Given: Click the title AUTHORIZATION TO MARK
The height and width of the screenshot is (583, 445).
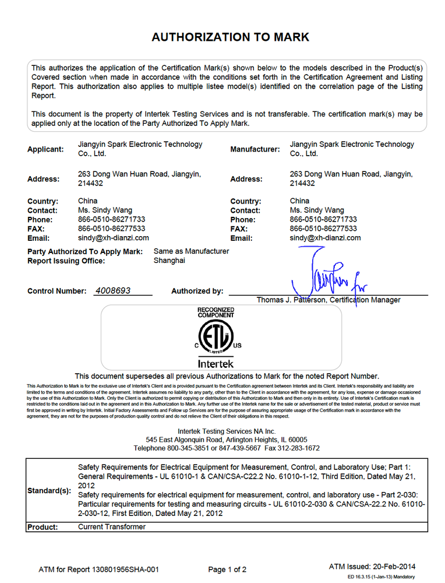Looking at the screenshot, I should coord(230,37).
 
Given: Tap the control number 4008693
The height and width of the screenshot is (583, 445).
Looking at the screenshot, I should coord(114,290).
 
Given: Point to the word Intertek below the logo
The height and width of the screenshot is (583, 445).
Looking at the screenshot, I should coord(216,364).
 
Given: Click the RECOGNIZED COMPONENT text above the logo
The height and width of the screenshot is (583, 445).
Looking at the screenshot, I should coord(216,312).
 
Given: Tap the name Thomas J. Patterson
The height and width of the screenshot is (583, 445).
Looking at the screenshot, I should coord(291,300).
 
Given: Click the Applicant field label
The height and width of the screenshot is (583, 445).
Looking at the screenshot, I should coord(45,149).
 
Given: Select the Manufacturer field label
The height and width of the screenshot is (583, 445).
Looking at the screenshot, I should coord(255,149).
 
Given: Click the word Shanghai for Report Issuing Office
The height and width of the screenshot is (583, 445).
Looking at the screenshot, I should coord(169,261).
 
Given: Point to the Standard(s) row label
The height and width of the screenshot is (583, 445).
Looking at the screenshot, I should coord(49,490).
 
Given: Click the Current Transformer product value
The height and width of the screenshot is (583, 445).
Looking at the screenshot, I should coord(112,526).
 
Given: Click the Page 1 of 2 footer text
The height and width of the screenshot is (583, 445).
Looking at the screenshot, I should coord(227,570).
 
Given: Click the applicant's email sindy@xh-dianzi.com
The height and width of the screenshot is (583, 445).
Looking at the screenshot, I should coord(113,238).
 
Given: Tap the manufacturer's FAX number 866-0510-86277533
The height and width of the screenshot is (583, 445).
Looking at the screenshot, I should coord(323,229).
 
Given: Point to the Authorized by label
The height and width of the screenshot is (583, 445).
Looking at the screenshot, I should coord(197,291).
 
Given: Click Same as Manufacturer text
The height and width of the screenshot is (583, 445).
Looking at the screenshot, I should coord(191,251).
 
